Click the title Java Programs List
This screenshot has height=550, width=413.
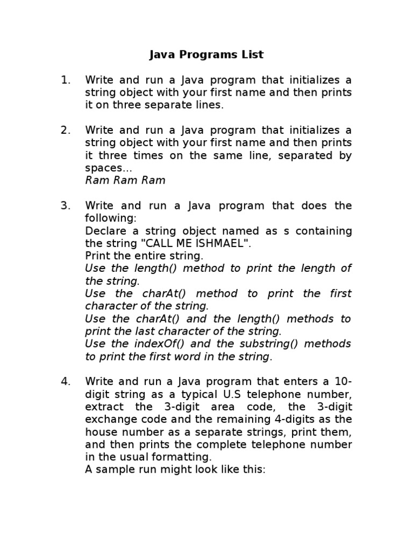point(206,55)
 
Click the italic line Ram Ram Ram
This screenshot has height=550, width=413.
point(125,180)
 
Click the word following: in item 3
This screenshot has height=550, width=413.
point(111,218)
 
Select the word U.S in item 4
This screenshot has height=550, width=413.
point(236,394)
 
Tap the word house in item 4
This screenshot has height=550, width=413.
point(101,432)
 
